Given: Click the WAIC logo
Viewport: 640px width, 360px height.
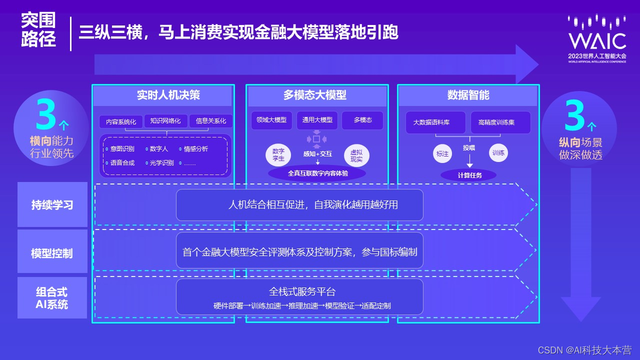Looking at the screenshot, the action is [597, 37].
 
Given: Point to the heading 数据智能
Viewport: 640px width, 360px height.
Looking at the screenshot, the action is [468, 95].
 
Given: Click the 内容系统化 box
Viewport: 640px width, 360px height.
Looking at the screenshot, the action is [120, 121].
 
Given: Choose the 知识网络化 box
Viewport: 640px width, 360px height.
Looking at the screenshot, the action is [166, 121].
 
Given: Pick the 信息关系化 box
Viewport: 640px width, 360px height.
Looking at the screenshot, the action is [211, 121].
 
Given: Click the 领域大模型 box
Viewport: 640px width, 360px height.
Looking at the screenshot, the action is [271, 120].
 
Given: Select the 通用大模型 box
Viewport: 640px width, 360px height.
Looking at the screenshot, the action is [317, 120].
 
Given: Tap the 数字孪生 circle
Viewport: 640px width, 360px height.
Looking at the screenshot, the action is [278, 154].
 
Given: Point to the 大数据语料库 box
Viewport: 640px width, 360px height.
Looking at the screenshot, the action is [435, 122].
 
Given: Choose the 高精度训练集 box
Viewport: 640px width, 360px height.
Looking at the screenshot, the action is [500, 122].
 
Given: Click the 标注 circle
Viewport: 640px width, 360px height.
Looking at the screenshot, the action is [442, 154].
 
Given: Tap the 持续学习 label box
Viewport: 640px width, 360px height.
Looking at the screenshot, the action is [52, 204].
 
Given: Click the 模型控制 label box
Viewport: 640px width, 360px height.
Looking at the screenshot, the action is [52, 253].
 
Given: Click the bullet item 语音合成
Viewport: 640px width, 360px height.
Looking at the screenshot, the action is [121, 163].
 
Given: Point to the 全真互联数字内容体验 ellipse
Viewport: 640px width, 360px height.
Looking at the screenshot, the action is [317, 173].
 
